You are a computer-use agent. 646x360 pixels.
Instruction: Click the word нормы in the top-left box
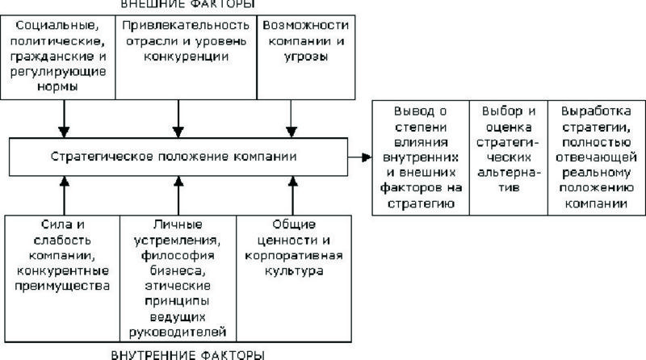point(60,87)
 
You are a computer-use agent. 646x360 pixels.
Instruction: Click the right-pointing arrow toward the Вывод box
point(359,156)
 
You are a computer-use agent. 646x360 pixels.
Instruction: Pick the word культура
point(294,270)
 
